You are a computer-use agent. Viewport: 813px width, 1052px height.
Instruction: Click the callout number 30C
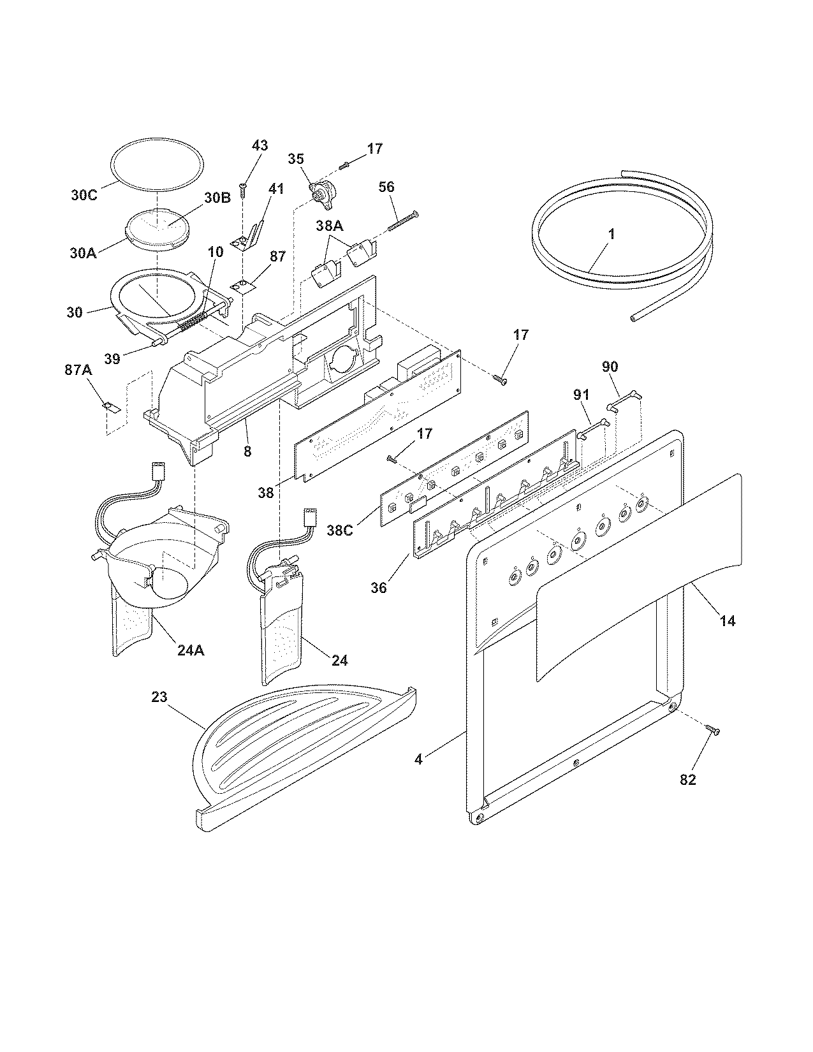pos(83,194)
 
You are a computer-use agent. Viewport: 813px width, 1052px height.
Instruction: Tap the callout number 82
pos(687,779)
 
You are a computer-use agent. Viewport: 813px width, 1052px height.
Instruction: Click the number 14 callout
pos(728,620)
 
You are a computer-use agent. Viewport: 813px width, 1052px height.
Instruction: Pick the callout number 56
pos(386,187)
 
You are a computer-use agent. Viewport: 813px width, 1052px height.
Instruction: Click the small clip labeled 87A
pos(110,406)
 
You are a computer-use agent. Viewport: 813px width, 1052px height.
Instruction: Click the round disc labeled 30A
pos(156,228)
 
